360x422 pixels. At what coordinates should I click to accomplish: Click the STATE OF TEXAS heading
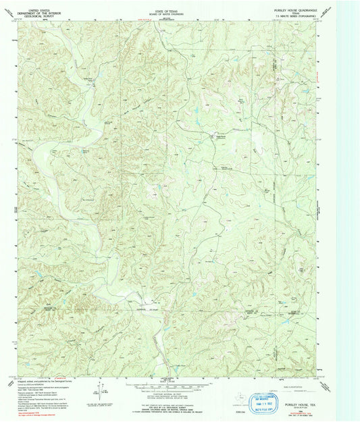coord(174,3)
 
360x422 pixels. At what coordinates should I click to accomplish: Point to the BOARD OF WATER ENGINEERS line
coord(174,7)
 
